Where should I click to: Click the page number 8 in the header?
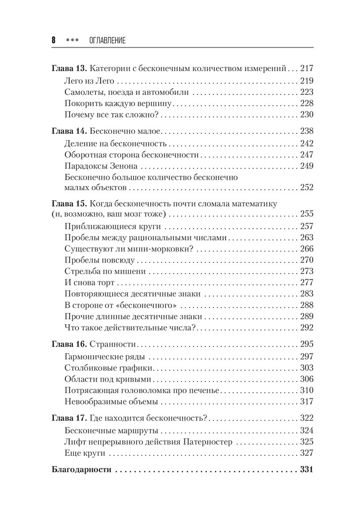(x=53, y=41)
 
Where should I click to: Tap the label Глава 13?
(x=70, y=68)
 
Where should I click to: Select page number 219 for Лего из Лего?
(x=306, y=81)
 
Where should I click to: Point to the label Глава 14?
(x=70, y=131)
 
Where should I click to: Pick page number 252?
(x=306, y=187)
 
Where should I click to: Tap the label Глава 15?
(x=70, y=202)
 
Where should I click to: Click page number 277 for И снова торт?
(x=306, y=282)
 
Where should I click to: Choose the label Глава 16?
(x=70, y=344)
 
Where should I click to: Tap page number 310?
(x=306, y=390)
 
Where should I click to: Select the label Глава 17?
(x=70, y=418)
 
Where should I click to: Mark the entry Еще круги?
(x=85, y=453)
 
